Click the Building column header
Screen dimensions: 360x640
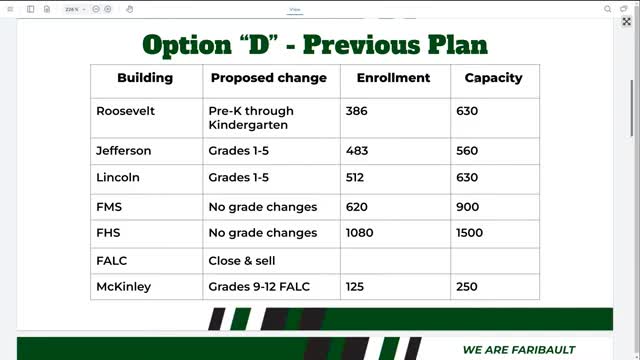tap(145, 78)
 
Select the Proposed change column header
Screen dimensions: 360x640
tap(268, 78)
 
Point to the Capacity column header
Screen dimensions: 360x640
tap(493, 78)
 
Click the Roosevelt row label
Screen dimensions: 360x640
tap(125, 111)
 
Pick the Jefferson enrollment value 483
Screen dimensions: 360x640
tap(357, 151)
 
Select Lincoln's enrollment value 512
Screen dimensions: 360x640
tap(356, 177)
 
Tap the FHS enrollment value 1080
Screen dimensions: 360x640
tap(360, 233)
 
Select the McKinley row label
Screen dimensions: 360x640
tap(124, 286)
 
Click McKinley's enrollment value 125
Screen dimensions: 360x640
tap(356, 286)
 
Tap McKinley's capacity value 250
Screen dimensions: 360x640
tap(469, 286)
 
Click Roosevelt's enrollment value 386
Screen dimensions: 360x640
tap(357, 111)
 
